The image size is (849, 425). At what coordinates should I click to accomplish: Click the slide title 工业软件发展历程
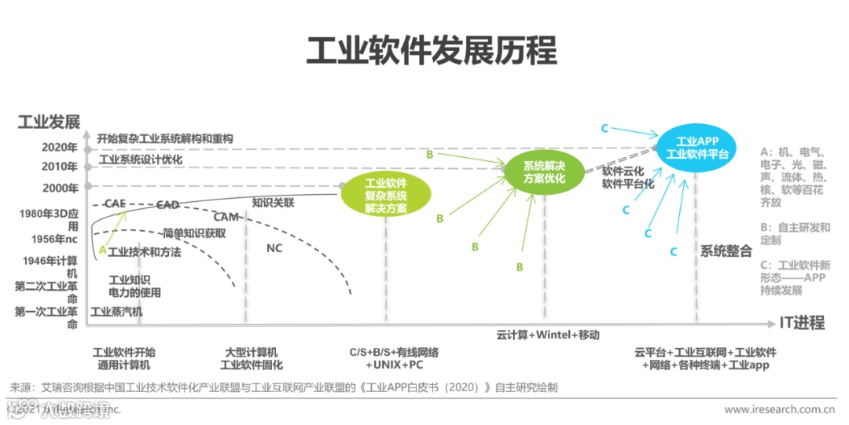click(x=431, y=50)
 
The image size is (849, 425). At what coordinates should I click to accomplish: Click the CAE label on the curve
click(x=115, y=203)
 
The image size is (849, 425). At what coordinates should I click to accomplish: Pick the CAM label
click(x=226, y=217)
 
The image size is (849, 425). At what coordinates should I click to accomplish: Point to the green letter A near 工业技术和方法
click(x=101, y=251)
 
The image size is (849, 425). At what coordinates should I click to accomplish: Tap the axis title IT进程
click(x=802, y=322)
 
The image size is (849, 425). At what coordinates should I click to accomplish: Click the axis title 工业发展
click(x=49, y=122)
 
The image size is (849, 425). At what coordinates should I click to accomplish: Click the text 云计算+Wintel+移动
click(x=547, y=334)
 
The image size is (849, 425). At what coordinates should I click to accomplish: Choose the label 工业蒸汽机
click(x=116, y=311)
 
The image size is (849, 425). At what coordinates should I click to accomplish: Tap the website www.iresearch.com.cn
click(x=778, y=409)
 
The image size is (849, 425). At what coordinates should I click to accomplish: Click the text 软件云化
click(x=623, y=170)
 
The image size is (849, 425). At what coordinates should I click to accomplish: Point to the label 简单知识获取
click(x=194, y=233)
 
